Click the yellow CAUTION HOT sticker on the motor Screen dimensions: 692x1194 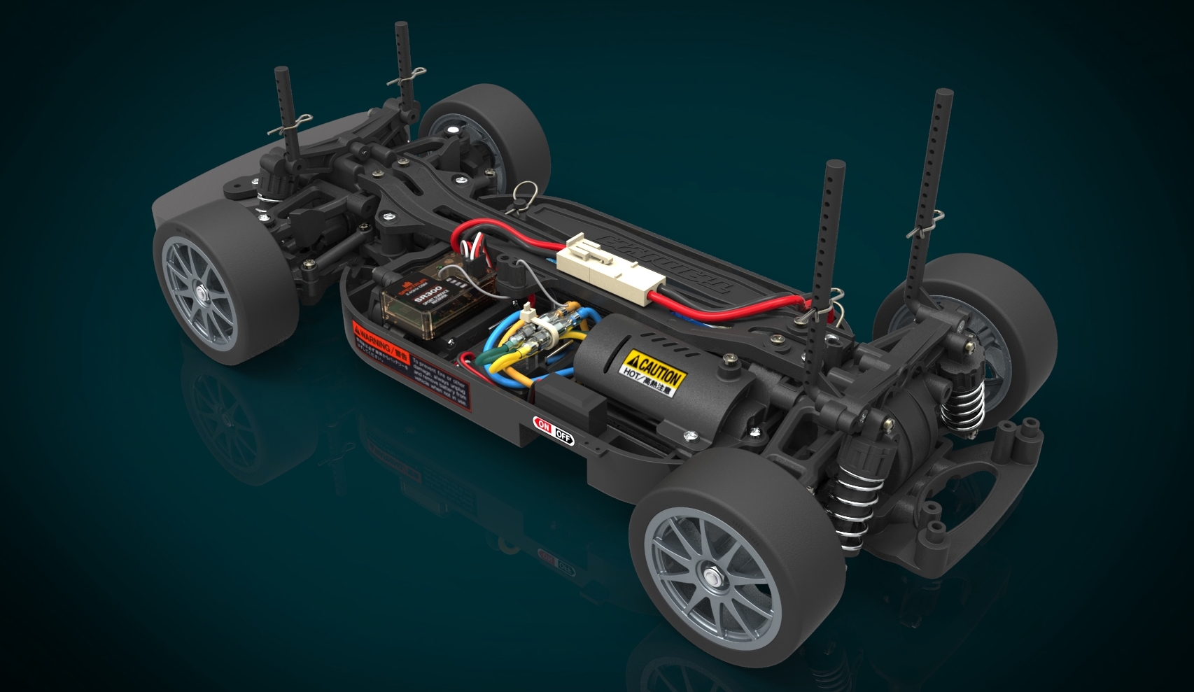point(654,374)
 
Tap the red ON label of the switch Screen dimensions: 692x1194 point(542,425)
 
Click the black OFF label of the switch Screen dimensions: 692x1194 point(563,436)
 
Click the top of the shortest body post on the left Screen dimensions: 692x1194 point(282,71)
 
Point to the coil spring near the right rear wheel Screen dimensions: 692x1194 point(964,406)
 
